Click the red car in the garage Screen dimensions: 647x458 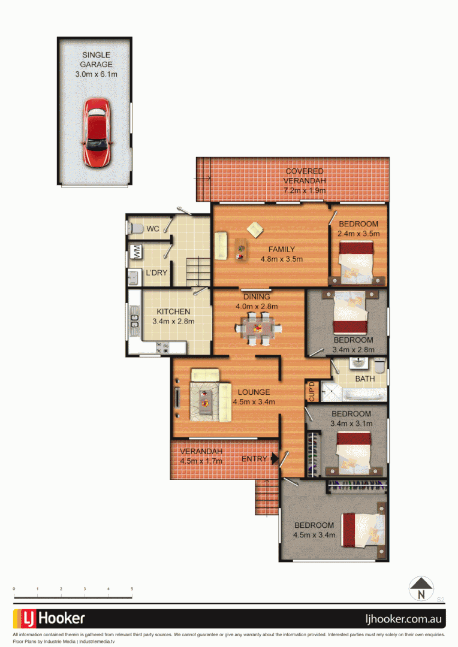[96, 132]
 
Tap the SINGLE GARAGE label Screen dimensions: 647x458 [96, 65]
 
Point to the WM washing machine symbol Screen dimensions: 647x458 [137, 252]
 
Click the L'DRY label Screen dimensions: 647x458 [156, 273]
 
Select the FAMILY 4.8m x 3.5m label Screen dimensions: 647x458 [281, 255]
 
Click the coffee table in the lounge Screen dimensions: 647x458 [205, 398]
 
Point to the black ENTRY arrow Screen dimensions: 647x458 [275, 459]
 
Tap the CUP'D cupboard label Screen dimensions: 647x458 [311, 391]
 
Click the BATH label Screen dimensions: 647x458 [364, 379]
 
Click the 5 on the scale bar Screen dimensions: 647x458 [131, 589]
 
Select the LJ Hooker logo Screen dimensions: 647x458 [49, 618]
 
